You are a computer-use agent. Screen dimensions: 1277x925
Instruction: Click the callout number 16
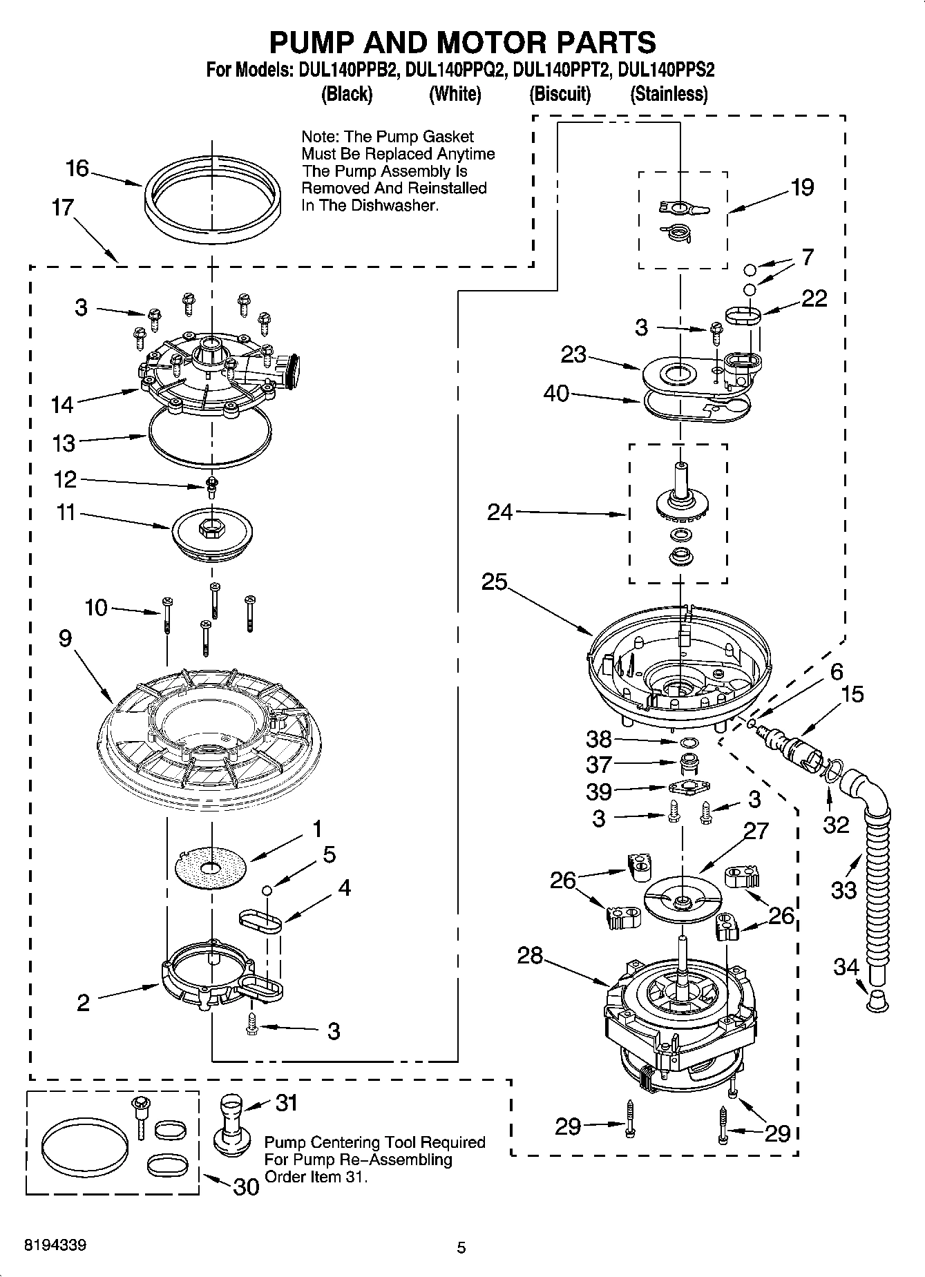[77, 168]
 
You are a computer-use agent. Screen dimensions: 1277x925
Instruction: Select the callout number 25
[495, 582]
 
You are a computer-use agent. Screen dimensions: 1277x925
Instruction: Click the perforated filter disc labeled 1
[211, 868]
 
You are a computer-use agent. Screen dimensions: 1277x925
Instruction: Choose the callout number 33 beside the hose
[843, 890]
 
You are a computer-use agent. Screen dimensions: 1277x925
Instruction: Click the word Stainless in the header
[669, 94]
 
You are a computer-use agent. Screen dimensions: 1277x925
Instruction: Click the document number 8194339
[55, 1245]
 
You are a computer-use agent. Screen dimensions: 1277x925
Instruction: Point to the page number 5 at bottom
[461, 1247]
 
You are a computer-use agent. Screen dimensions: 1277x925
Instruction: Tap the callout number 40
[556, 394]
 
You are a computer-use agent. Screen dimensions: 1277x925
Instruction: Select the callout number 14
[62, 405]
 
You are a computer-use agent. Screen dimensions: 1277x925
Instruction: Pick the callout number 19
[802, 187]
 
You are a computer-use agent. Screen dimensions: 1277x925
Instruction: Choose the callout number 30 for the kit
[246, 1187]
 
